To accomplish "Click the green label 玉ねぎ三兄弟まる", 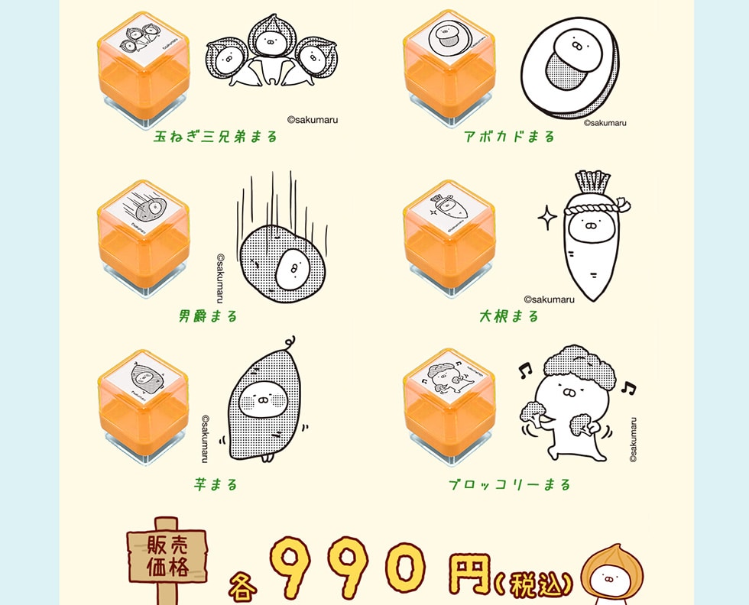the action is coord(216,137).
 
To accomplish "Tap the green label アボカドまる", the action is coord(509,137).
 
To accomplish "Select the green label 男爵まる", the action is coord(208,316).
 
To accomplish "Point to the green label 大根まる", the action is coord(509,316).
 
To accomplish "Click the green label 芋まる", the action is coord(216,484).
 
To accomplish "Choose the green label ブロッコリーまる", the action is coord(510,484).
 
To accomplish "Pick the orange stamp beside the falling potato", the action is coord(144,239).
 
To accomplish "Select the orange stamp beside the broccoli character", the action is coord(449,408).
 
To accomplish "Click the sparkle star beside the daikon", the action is coord(547,217).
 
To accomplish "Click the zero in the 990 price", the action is coord(406,567).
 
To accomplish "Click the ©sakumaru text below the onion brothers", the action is coord(313,120).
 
